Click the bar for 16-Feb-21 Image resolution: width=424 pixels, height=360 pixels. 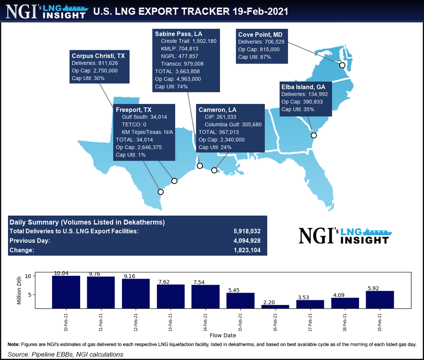[275, 306]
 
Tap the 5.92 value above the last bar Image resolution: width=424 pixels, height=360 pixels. [380, 288]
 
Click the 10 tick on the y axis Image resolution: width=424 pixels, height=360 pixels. [41, 276]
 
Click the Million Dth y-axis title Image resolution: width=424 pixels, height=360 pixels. [19, 290]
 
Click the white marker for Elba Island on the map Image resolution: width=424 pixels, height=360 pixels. [314, 136]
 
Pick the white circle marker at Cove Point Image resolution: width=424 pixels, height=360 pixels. [342, 65]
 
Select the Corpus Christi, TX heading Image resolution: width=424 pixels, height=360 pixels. [98, 55]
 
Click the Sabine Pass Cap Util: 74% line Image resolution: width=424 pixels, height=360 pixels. [171, 87]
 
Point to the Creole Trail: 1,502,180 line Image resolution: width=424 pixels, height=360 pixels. [188, 41]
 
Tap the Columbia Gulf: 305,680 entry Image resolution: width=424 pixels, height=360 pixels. [233, 124]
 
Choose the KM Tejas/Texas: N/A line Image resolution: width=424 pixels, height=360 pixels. [147, 132]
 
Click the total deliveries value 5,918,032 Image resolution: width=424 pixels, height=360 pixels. [247, 231]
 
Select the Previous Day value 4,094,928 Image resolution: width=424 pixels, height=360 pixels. [247, 240]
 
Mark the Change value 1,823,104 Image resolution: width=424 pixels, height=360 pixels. [247, 250]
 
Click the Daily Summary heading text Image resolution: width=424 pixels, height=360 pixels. [87, 222]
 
